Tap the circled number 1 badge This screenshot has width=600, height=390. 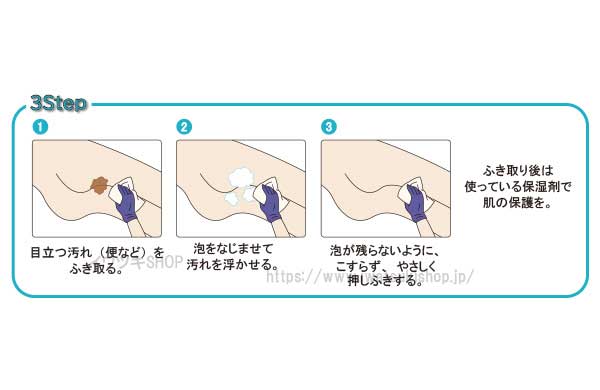40,127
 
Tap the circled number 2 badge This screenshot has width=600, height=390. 184,127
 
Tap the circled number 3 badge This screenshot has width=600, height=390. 329,127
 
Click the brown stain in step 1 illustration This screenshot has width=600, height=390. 100,184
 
